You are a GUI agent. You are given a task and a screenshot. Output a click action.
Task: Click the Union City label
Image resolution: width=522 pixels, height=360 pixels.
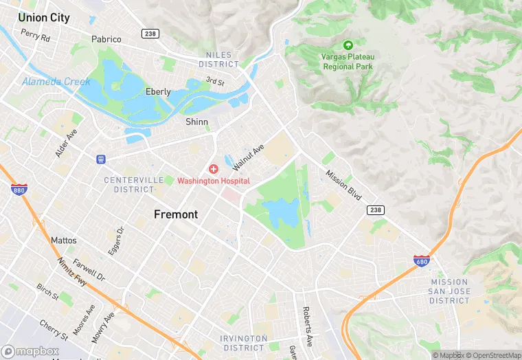[x=44, y=18]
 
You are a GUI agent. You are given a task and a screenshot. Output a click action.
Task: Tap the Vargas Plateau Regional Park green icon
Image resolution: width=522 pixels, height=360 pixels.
[x=348, y=45]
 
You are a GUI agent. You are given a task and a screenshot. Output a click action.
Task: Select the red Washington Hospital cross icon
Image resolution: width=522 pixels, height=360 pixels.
[x=214, y=169]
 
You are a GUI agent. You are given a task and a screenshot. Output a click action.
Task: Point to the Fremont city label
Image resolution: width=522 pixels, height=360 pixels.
[x=176, y=214]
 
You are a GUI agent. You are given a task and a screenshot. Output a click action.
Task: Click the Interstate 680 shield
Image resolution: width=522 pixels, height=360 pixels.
[x=422, y=260]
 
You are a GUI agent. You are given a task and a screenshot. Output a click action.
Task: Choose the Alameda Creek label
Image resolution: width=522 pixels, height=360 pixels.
[x=56, y=82]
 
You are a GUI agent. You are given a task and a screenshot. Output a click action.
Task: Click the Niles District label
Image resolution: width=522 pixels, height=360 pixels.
[x=218, y=59]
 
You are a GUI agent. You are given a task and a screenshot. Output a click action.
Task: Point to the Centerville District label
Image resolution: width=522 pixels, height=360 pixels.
[x=129, y=184]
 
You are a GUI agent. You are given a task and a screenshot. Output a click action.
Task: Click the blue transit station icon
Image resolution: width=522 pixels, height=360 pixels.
[x=101, y=159]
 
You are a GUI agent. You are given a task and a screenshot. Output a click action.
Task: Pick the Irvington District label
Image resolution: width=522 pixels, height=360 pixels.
[x=244, y=342]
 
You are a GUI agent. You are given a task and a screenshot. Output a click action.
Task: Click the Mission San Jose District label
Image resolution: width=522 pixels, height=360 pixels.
[x=450, y=291]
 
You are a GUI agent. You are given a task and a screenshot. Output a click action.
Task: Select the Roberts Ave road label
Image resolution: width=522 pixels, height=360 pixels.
[x=308, y=326]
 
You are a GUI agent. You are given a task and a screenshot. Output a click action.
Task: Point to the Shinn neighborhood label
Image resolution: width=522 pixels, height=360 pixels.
[x=196, y=122]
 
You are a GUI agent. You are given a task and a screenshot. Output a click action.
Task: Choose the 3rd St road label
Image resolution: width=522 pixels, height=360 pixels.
[x=215, y=81]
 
